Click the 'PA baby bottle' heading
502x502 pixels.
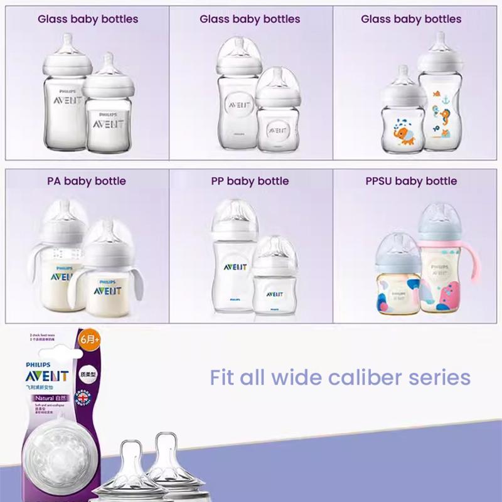(x=87, y=181)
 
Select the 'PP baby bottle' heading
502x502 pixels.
(x=250, y=181)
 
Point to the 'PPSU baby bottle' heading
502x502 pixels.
(x=411, y=181)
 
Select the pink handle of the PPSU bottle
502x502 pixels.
(x=468, y=276)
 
